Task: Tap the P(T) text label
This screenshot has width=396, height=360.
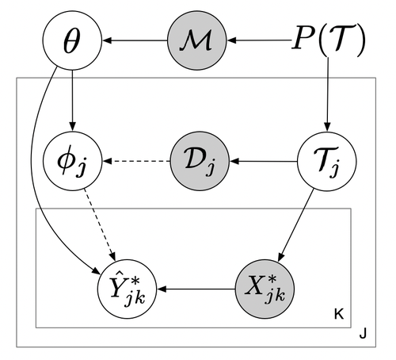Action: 326,40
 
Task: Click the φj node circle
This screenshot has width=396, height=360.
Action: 71,163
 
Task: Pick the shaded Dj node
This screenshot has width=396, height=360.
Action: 196,163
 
